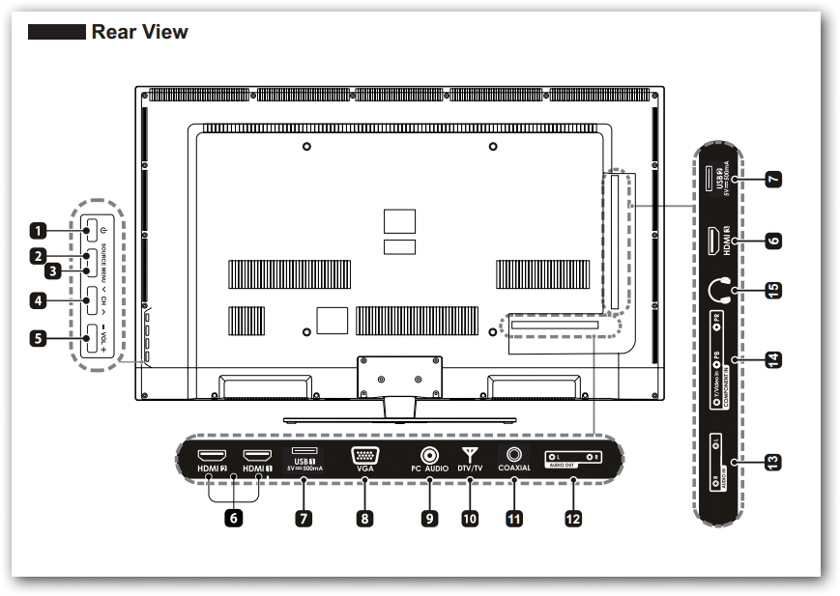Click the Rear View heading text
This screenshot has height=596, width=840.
(139, 33)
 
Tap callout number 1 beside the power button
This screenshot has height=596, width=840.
(38, 231)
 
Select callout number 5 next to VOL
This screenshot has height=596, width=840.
(38, 338)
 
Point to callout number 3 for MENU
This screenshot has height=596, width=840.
(54, 271)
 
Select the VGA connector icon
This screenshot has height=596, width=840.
(364, 456)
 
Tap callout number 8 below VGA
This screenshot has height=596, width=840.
(363, 519)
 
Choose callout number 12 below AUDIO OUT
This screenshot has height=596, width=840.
(573, 519)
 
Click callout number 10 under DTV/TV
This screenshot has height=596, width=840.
(470, 519)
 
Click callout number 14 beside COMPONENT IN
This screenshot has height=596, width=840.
(772, 359)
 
